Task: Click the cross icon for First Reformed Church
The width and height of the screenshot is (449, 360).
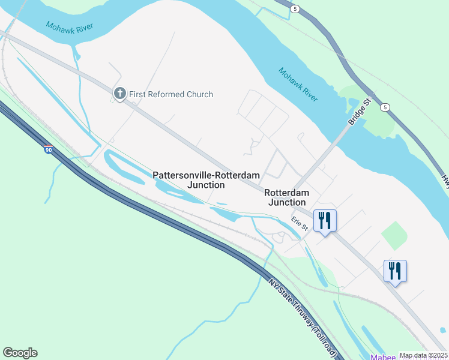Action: (x=119, y=94)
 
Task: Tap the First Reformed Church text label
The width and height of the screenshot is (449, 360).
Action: (x=170, y=94)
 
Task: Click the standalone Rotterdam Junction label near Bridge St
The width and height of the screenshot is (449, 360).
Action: (x=286, y=197)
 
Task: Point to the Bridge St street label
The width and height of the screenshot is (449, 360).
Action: (x=360, y=113)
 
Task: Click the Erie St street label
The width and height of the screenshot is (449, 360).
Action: (x=300, y=223)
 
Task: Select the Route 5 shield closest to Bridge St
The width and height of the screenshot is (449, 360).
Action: (x=386, y=107)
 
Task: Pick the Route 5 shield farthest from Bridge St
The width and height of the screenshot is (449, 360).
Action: (x=295, y=9)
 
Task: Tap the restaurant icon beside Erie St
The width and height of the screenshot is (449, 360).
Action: (x=325, y=221)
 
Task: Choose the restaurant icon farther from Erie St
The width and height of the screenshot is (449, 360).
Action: (x=396, y=271)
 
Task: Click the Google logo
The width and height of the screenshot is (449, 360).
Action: (x=20, y=353)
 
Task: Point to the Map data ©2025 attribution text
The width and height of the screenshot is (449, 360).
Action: (x=423, y=355)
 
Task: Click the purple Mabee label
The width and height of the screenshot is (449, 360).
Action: (x=384, y=357)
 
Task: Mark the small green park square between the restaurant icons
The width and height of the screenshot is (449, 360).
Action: (x=393, y=235)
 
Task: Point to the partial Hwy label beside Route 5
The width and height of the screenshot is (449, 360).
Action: (x=445, y=179)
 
